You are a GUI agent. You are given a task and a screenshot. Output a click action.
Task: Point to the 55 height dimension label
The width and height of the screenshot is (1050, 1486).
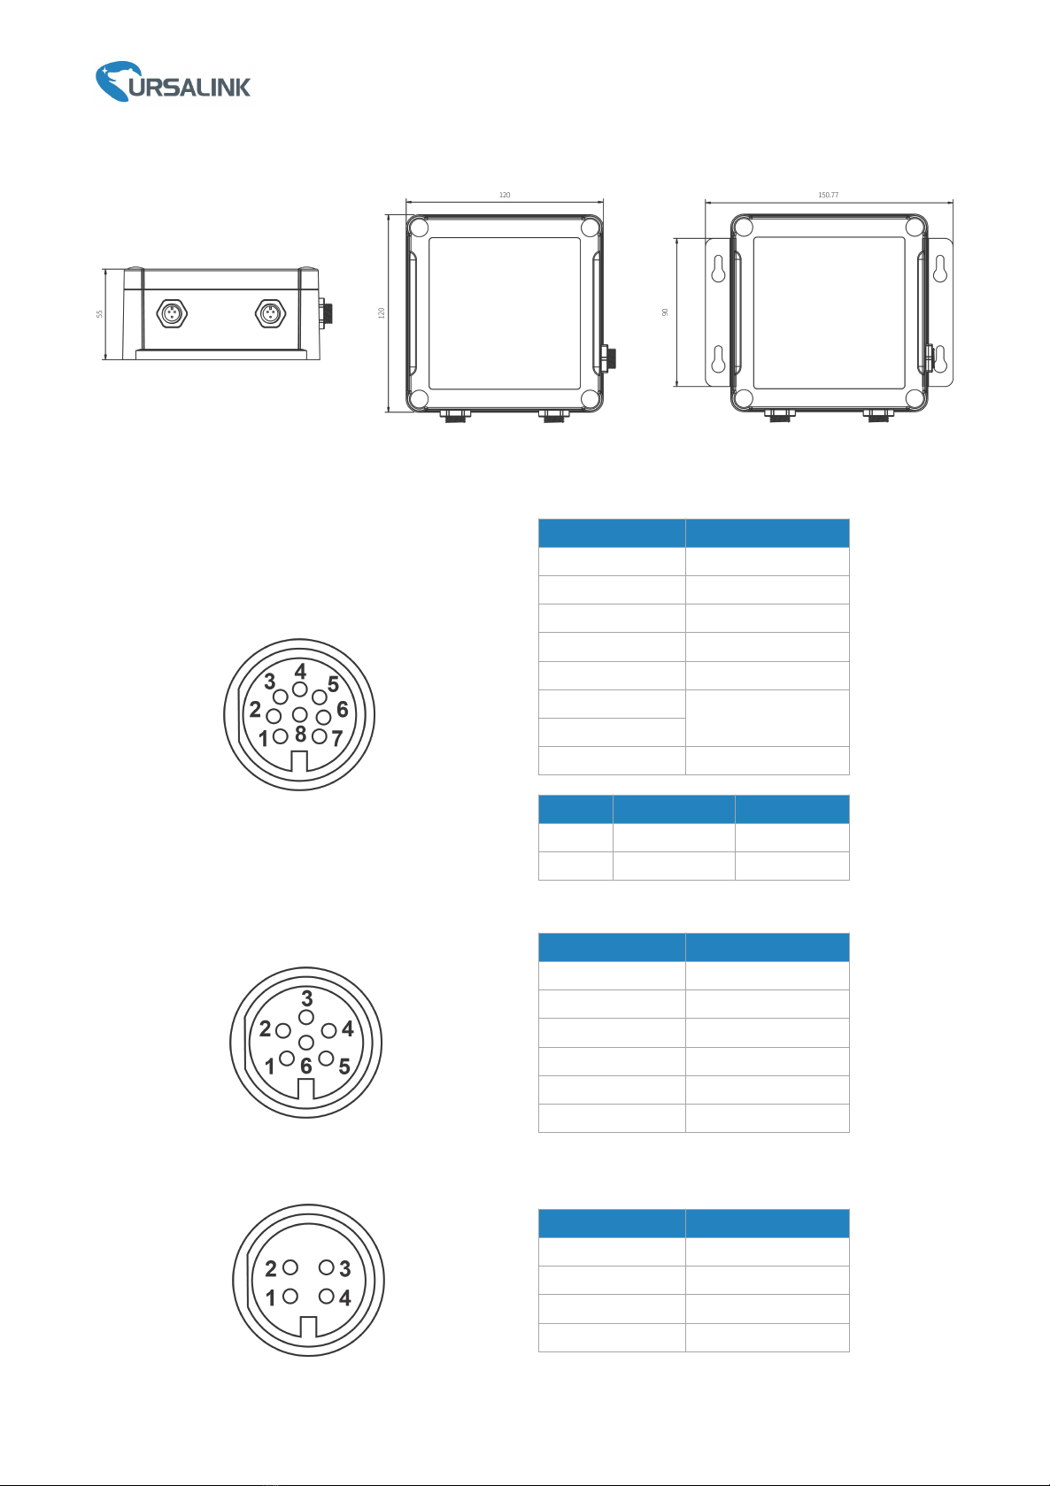tap(99, 313)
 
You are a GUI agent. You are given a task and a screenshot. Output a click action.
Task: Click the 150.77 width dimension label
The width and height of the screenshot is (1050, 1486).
tap(828, 195)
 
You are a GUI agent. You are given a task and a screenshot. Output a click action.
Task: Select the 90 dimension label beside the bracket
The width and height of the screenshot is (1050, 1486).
tap(665, 312)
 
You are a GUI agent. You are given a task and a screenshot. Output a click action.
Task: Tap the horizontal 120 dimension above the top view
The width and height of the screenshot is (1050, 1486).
tap(505, 195)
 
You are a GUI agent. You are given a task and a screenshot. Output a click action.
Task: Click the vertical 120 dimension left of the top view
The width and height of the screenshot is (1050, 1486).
tap(381, 312)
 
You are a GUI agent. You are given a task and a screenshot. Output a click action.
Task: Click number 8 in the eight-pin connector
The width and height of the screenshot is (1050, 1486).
tap(301, 734)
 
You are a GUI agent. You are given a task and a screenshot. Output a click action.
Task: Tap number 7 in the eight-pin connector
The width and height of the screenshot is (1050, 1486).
tap(336, 738)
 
